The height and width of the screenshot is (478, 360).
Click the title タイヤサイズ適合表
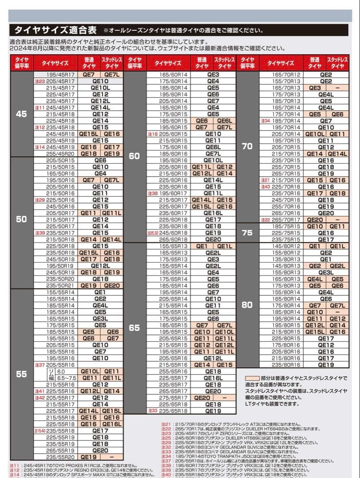click(x=55, y=31)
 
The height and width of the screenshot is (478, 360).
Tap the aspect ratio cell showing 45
click(x=21, y=114)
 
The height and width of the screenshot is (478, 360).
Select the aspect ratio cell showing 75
click(x=248, y=233)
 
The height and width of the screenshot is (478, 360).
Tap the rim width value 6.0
click(x=61, y=372)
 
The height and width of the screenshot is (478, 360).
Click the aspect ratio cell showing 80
click(x=248, y=305)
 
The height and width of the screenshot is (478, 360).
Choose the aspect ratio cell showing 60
click(x=134, y=156)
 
